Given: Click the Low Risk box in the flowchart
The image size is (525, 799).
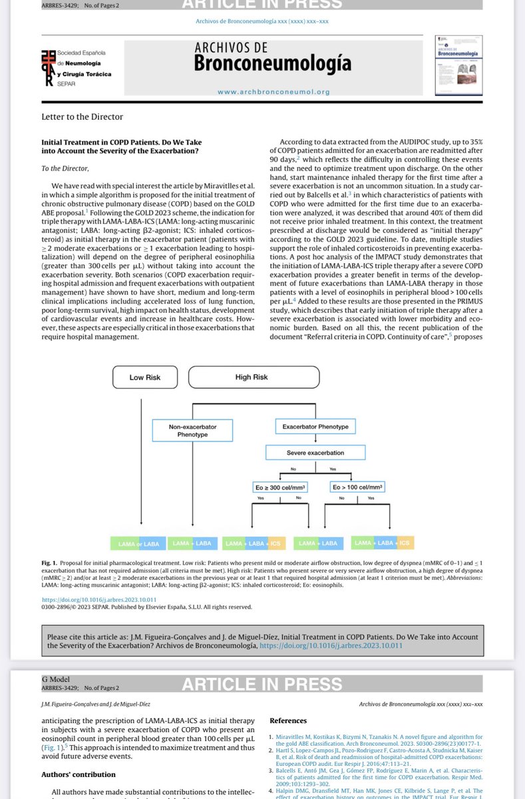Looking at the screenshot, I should (144, 377).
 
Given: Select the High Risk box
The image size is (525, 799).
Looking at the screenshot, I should (251, 377).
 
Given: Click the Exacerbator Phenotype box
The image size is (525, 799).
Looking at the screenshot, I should (311, 425).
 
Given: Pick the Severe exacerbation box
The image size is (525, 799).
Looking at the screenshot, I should (305, 453).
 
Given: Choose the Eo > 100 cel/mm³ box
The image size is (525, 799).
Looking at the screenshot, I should (357, 487).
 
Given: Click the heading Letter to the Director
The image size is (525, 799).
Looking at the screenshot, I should (82, 117).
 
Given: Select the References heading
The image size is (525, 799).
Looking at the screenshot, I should (287, 720).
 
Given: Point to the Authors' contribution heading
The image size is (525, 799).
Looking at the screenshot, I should (78, 774).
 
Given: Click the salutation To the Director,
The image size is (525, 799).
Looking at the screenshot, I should (65, 168).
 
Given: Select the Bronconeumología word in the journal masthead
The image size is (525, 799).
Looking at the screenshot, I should (273, 64).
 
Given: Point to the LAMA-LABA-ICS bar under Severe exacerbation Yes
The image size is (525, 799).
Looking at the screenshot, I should (383, 543).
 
